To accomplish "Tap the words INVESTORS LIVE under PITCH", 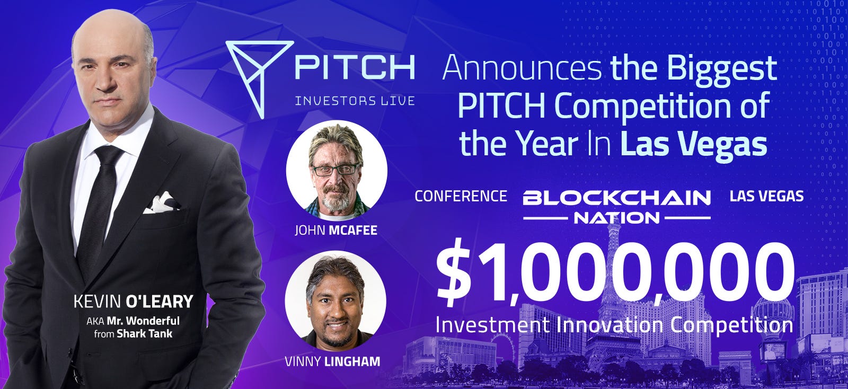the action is pos(355,101).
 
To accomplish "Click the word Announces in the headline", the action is pos(522,68).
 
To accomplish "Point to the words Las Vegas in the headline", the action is pos(694,146).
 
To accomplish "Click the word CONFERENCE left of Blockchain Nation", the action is pos(461,196).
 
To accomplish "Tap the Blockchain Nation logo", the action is pos(616,207).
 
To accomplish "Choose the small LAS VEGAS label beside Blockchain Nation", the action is pos(766,196).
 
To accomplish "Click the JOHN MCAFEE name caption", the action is pos(336,230).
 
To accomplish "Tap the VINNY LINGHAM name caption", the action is pos(332,361).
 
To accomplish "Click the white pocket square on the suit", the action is pos(162,203).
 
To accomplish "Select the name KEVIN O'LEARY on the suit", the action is pos(133,302).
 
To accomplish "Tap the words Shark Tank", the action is pos(145,334).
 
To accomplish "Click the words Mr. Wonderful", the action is pos(143,321).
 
